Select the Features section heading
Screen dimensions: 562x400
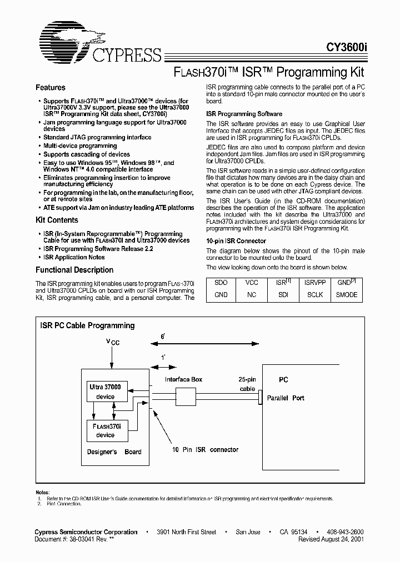click(x=51, y=88)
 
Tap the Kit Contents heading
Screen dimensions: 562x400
click(x=57, y=220)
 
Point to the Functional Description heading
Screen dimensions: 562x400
click(x=74, y=270)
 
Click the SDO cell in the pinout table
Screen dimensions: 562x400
click(x=221, y=283)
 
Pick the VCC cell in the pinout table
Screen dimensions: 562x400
click(x=252, y=283)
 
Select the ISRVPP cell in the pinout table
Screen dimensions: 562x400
click(x=315, y=283)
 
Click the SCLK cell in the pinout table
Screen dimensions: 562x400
click(x=315, y=295)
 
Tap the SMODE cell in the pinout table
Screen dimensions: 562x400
click(x=347, y=295)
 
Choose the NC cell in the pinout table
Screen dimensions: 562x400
click(x=252, y=295)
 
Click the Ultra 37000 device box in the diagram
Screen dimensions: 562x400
click(x=108, y=392)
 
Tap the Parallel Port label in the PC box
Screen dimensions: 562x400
click(x=286, y=398)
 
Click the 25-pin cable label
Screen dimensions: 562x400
click(x=247, y=384)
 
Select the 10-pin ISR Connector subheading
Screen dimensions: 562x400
click(x=236, y=241)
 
